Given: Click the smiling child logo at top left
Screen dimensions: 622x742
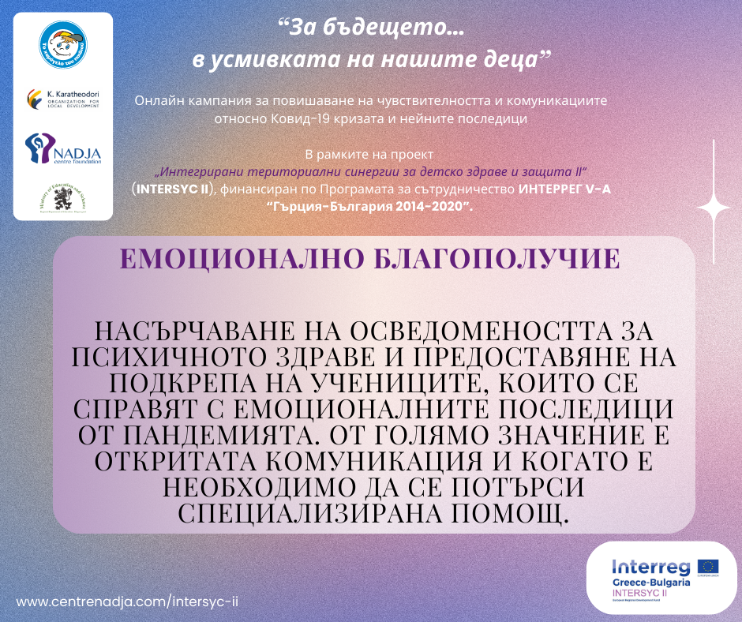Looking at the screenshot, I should click(x=63, y=47).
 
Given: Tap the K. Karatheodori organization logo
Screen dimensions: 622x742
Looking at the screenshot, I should click(x=63, y=99).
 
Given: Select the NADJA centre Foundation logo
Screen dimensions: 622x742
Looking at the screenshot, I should click(x=63, y=148).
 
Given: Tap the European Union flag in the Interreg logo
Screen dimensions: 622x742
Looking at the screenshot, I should click(x=707, y=567).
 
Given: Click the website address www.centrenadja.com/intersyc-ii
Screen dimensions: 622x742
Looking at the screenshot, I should click(x=127, y=601).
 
